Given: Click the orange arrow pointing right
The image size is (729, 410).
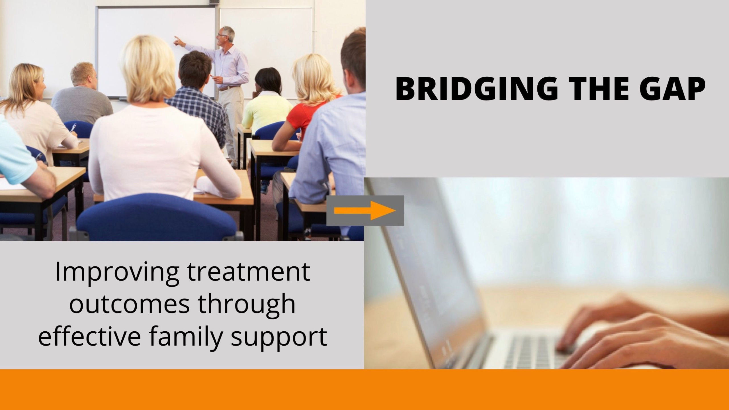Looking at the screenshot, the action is (365, 211).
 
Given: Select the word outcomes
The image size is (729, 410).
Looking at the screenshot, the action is (129, 305).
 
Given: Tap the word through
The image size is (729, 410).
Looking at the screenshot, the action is (247, 305).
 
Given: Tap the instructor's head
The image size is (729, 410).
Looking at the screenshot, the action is (226, 36).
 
